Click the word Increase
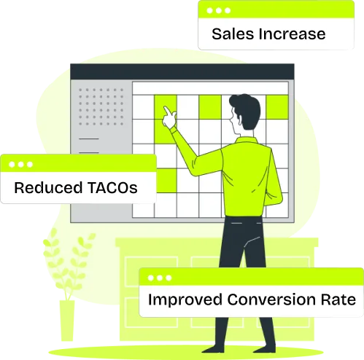tap(292, 34)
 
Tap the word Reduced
tap(48, 187)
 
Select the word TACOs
tap(112, 187)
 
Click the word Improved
tap(185, 300)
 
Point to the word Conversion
tap(271, 300)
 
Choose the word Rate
tap(338, 300)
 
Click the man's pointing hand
tap(169, 117)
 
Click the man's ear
tap(240, 118)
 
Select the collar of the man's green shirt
tap(246, 140)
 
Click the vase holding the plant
tap(67, 321)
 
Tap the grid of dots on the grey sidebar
tap(101, 107)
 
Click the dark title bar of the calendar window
tap(182, 71)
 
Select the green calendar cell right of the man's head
tap(277, 107)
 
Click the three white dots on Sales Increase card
tap(219, 11)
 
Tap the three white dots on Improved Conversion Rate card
tap(160, 278)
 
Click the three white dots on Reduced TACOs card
tap(20, 165)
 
